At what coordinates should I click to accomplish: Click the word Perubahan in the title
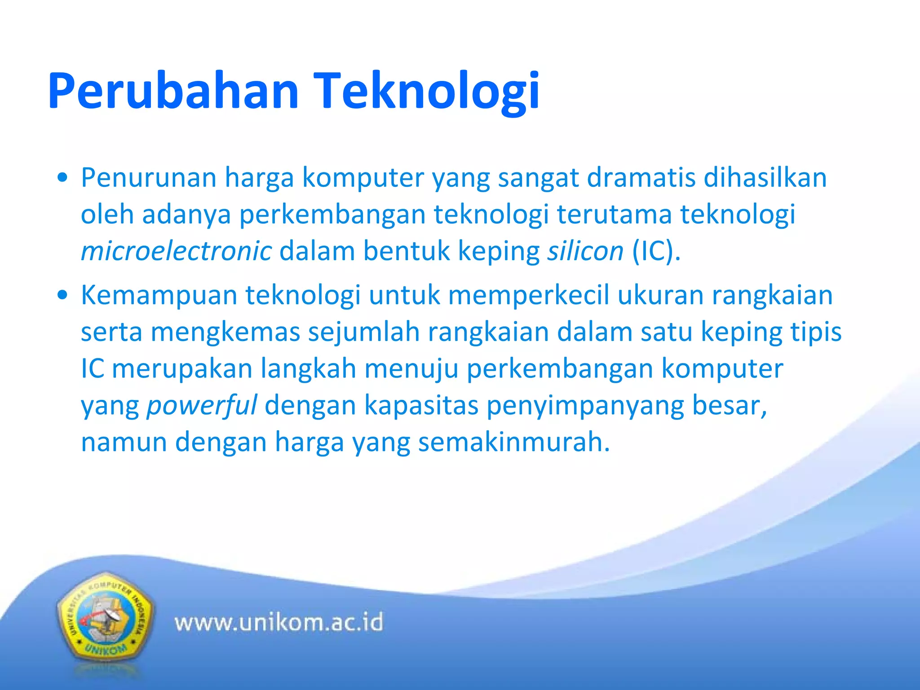(x=173, y=91)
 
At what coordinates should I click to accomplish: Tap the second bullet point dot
(x=63, y=296)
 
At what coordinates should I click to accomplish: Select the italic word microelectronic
(x=176, y=251)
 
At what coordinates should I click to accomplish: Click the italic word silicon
(x=585, y=251)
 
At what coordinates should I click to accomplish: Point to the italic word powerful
(x=202, y=405)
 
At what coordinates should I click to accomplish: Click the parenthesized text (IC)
(x=656, y=251)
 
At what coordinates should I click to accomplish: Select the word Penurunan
(x=149, y=177)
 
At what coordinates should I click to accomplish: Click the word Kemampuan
(x=159, y=296)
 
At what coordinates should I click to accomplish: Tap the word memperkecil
(x=528, y=296)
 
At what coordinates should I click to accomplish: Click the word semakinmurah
(x=514, y=442)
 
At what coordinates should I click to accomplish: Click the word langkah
(x=309, y=369)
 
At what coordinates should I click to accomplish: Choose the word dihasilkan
(x=765, y=177)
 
